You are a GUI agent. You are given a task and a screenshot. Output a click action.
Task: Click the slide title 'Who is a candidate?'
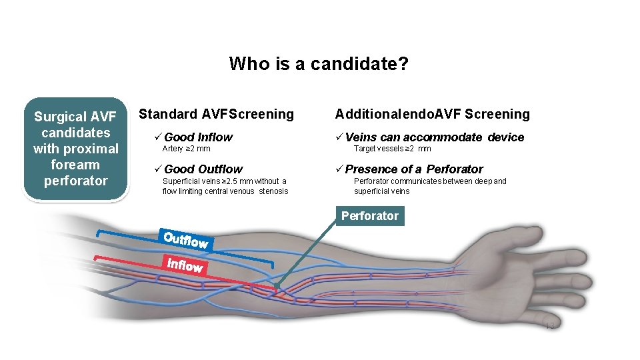click(x=319, y=64)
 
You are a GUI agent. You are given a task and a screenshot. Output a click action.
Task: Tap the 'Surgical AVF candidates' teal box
click(x=75, y=149)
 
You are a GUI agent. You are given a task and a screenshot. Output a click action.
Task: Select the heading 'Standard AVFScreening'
click(x=216, y=114)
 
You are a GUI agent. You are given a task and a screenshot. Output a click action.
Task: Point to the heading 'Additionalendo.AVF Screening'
click(x=432, y=114)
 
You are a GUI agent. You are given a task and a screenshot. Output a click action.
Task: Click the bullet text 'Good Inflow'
click(x=198, y=137)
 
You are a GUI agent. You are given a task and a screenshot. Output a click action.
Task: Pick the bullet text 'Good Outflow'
click(x=203, y=169)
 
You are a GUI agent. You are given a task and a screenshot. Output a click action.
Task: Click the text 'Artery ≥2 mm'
click(x=186, y=149)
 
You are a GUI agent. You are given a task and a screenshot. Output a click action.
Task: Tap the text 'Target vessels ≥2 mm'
click(x=392, y=149)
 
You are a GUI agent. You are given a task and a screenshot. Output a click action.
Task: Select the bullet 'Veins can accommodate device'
click(x=435, y=137)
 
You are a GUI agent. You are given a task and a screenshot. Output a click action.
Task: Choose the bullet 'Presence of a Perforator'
click(x=414, y=169)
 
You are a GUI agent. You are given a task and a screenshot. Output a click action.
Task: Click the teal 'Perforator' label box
click(x=369, y=216)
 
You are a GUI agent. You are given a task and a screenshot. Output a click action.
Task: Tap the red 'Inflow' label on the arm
click(x=185, y=265)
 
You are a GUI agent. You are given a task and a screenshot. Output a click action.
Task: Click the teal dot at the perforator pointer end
click(x=276, y=285)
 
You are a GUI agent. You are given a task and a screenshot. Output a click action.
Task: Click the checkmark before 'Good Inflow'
click(x=157, y=137)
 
